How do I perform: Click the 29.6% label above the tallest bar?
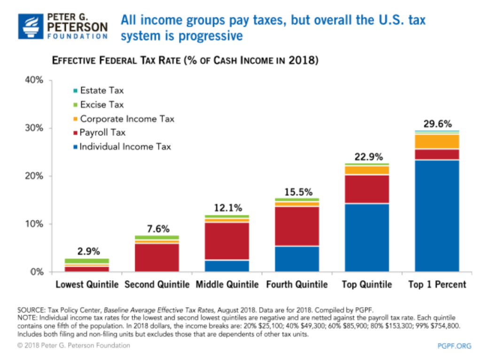pos(437,124)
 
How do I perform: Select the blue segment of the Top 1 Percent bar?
pos(437,216)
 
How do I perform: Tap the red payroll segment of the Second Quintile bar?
pos(156,258)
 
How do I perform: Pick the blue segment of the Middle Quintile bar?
pos(227,266)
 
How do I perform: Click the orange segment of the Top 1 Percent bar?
pos(437,141)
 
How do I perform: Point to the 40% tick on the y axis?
pos(34,80)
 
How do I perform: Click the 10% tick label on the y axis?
pos(34,224)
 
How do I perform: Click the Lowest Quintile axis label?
pos(87,284)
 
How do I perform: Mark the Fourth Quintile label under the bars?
pos(297,284)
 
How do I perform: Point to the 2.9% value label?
pos(87,251)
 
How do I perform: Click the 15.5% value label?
pos(297,192)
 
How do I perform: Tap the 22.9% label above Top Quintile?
pos(367,157)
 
